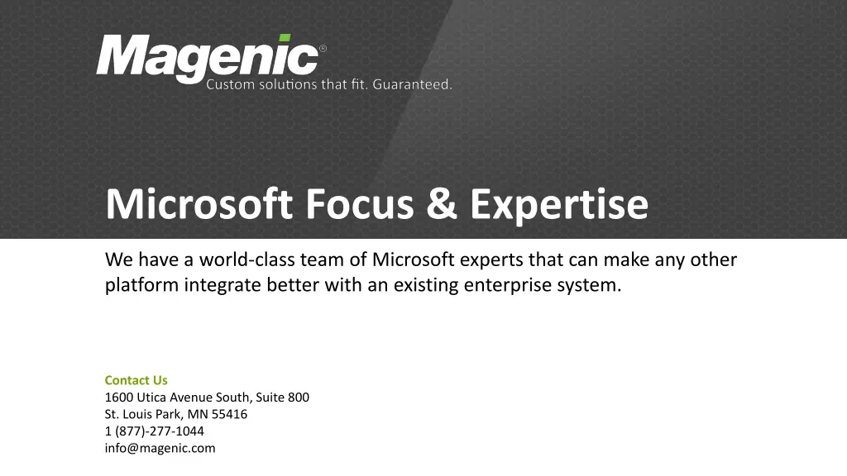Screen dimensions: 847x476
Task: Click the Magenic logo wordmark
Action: pyautogui.click(x=208, y=59)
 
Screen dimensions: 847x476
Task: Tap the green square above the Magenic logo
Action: pyautogui.click(x=285, y=38)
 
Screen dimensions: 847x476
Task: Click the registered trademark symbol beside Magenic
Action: pyautogui.click(x=323, y=49)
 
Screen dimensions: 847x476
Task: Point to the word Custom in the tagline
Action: pyautogui.click(x=230, y=84)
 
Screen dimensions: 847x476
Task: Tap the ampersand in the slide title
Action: pyautogui.click(x=442, y=203)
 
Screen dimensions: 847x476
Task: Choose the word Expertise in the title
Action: pyautogui.click(x=559, y=205)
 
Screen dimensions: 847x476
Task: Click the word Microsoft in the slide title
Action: pyautogui.click(x=199, y=203)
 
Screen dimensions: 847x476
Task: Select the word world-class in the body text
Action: pyautogui.click(x=246, y=259)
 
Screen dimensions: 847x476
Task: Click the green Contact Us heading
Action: pyautogui.click(x=136, y=380)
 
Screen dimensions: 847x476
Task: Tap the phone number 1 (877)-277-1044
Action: pyautogui.click(x=155, y=431)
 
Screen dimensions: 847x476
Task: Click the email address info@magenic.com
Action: pyautogui.click(x=160, y=448)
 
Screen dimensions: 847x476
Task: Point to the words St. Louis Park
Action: pyautogui.click(x=144, y=414)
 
